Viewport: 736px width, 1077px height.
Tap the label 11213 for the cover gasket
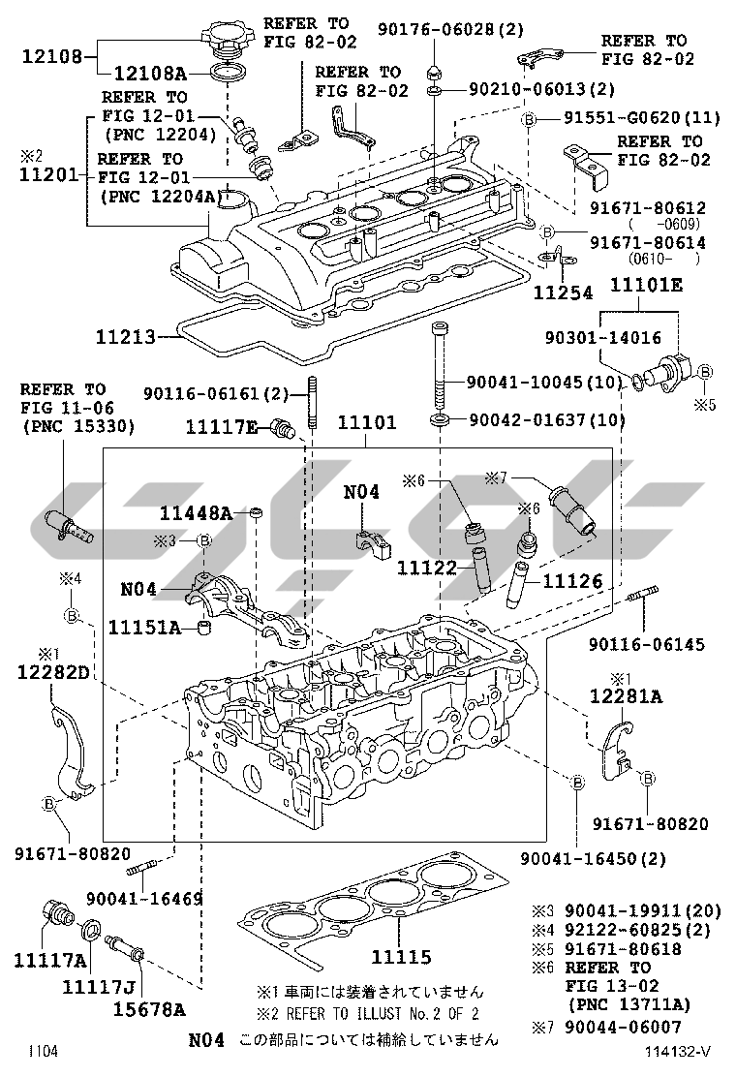[126, 338]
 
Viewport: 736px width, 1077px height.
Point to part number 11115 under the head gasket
[401, 957]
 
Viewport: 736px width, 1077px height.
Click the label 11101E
[646, 285]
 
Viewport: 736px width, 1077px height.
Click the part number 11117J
[99, 987]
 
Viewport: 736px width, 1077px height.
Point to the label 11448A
[197, 513]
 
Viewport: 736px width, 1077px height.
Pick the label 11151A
[144, 628]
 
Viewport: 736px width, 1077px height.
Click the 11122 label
[427, 568]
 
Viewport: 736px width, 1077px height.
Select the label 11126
[572, 581]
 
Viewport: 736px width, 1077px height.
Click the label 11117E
[222, 425]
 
